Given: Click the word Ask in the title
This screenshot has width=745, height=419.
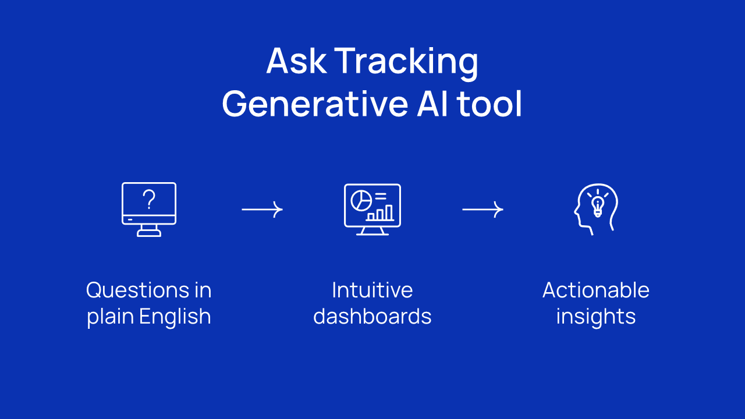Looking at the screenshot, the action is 296,61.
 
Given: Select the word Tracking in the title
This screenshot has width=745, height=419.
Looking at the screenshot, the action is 406,63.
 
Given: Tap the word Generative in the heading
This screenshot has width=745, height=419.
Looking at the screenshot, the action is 315,104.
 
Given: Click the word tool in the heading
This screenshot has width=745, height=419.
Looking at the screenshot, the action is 489,104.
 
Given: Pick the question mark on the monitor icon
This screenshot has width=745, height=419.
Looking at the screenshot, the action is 150,199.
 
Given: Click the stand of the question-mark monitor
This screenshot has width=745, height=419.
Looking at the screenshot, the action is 149,230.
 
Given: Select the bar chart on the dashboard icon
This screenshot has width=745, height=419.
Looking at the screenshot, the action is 380,213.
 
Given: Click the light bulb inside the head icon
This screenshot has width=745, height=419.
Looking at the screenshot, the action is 598,206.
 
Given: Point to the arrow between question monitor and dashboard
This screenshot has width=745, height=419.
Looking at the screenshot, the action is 262,210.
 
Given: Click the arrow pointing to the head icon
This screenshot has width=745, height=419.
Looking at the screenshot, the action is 483,210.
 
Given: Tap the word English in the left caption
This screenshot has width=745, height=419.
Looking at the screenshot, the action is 175,316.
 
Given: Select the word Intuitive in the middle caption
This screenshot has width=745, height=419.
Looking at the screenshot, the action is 372,290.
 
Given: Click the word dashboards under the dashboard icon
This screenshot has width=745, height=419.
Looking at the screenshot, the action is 372,316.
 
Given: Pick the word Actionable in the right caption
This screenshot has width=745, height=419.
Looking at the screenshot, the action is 595,290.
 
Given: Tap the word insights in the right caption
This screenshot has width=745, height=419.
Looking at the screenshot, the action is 595,316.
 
